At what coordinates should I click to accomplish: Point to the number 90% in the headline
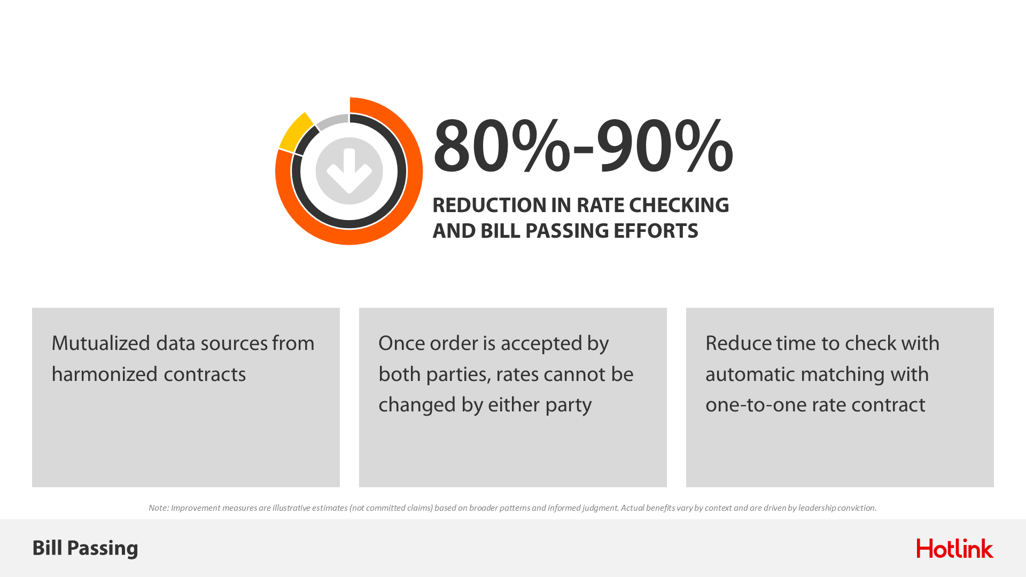pyautogui.click(x=664, y=146)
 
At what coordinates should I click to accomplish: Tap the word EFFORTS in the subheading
pyautogui.click(x=656, y=231)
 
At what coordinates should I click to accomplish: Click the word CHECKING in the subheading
pyautogui.click(x=679, y=205)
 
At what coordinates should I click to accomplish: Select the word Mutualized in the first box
pyautogui.click(x=101, y=344)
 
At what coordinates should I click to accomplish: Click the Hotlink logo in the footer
pyautogui.click(x=955, y=548)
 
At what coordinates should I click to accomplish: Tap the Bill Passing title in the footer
pyautogui.click(x=85, y=549)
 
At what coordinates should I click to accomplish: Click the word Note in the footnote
pyautogui.click(x=158, y=508)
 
